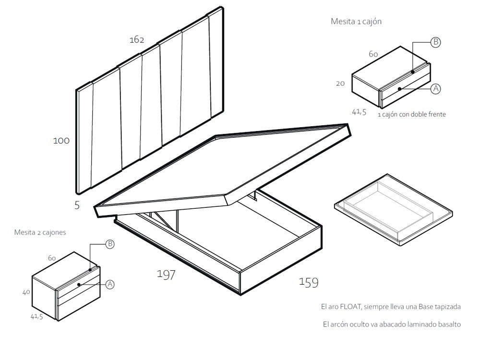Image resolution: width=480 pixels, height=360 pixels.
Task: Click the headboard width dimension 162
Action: [137, 40]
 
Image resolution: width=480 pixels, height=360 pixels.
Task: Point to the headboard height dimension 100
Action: [61, 141]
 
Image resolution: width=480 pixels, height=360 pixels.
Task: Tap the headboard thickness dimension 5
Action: [77, 205]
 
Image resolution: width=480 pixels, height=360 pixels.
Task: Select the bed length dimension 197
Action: [166, 275]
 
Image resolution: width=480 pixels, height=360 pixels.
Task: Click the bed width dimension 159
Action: [308, 283]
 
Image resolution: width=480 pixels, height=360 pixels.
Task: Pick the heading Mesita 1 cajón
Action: [356, 22]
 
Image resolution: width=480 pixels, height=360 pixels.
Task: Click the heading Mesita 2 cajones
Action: [40, 232]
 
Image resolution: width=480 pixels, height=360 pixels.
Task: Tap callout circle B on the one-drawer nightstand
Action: [435, 42]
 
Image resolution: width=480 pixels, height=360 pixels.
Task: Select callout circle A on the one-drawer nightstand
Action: [435, 89]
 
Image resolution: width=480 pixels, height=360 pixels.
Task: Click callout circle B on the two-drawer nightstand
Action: [109, 244]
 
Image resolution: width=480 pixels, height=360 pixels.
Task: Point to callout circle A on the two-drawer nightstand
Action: [109, 285]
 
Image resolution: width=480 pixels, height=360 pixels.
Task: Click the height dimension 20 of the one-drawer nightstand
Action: [340, 83]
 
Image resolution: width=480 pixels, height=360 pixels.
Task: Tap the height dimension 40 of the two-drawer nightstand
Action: [26, 292]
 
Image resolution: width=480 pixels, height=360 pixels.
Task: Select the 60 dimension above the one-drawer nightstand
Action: [373, 54]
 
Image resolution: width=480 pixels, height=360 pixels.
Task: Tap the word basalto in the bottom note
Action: [449, 324]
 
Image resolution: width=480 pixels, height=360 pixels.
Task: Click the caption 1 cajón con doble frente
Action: [412, 115]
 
